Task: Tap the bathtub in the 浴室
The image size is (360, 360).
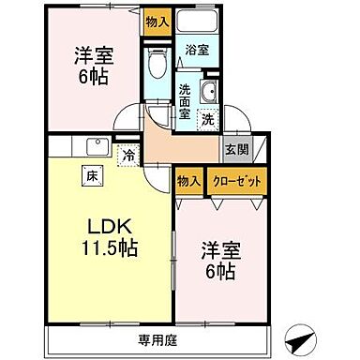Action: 197,24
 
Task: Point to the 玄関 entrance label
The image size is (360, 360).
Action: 232,148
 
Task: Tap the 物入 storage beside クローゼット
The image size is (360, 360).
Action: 188,179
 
